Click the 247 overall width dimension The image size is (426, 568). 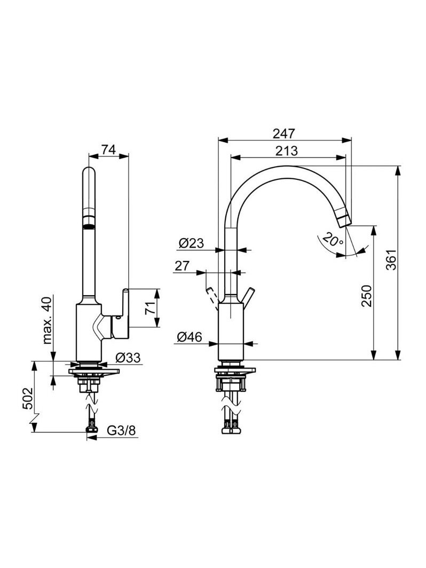point(284,133)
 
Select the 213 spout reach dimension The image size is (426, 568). point(286,151)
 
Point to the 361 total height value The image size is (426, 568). point(391,259)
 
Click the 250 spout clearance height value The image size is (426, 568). point(367,296)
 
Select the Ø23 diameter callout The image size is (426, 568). point(192,243)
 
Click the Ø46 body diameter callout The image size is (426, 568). point(190,337)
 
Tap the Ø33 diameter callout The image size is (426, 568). point(128,358)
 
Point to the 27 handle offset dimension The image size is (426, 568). point(183,266)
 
